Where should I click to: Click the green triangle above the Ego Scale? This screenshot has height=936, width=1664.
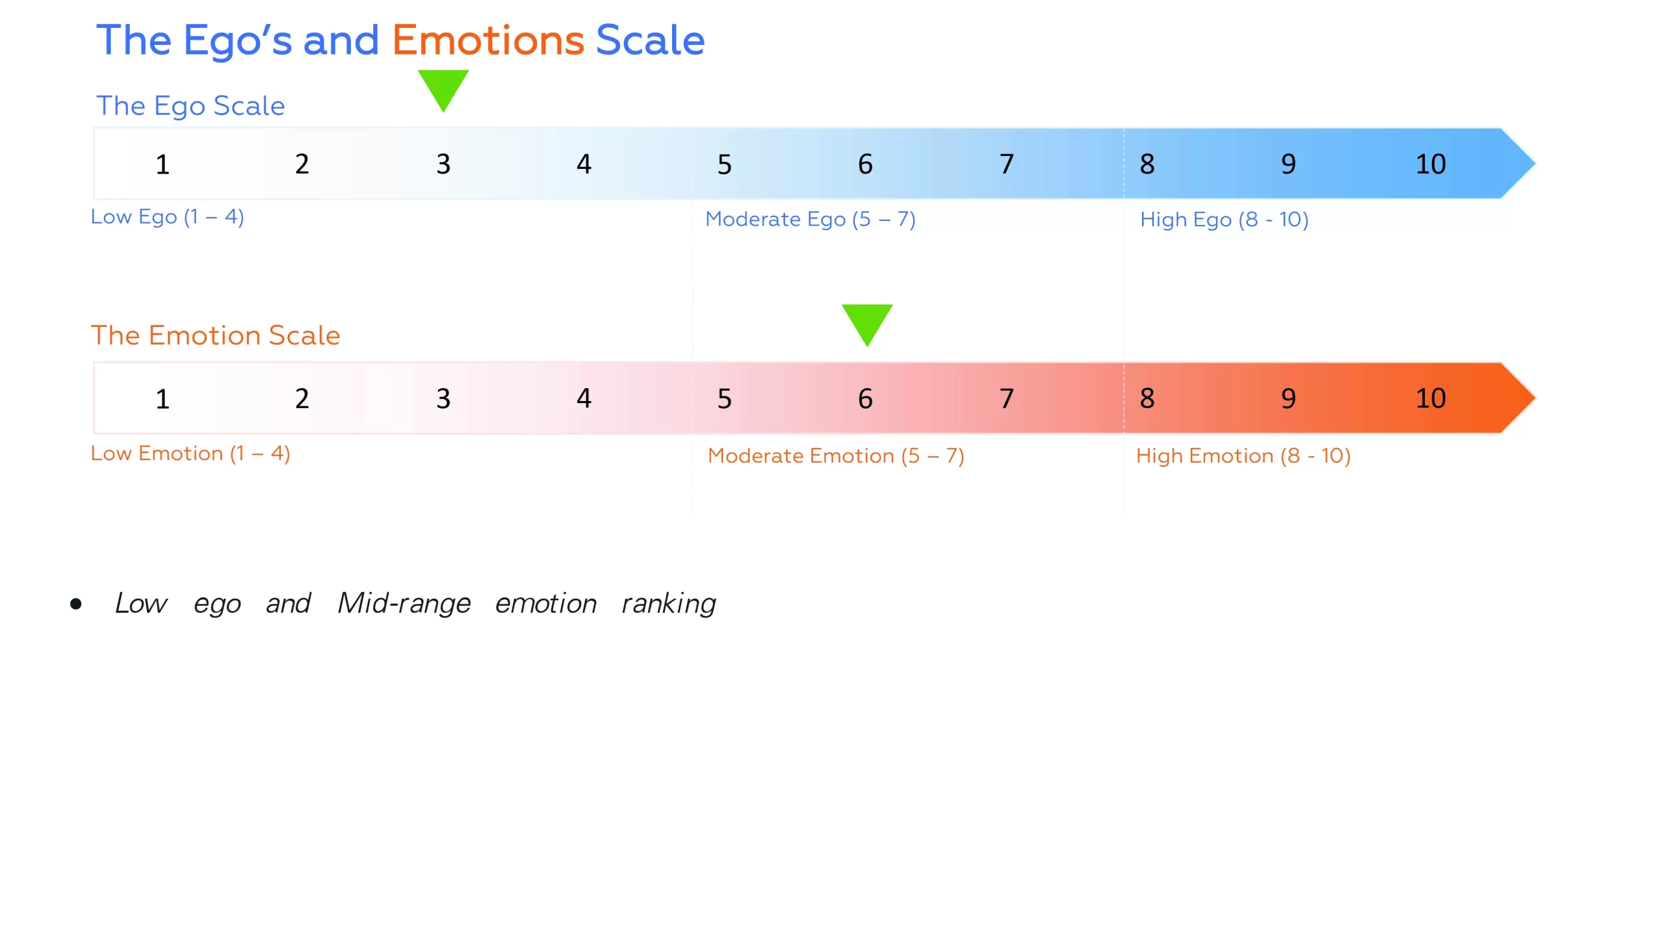point(443,88)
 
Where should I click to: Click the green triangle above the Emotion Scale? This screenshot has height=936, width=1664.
point(866,322)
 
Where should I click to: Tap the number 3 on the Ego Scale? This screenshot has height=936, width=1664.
point(443,164)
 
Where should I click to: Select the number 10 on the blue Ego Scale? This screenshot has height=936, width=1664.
point(1431,164)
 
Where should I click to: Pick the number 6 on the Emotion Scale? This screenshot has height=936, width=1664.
point(865,398)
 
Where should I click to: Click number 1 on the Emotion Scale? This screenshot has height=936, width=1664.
point(162,398)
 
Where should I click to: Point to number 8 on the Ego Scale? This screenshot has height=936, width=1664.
point(1147,164)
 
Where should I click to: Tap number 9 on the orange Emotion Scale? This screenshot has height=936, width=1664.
point(1288,398)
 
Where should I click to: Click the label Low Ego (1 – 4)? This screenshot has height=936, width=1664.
point(167,217)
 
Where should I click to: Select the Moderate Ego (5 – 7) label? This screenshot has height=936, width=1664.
point(810,220)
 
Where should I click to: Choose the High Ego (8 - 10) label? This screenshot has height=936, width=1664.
point(1224,220)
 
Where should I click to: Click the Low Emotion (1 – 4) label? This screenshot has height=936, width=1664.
point(190,454)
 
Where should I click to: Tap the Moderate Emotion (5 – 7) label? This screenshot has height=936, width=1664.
point(835,456)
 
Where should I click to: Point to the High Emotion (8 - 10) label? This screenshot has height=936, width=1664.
point(1243,456)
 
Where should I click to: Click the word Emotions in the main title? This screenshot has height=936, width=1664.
point(487,40)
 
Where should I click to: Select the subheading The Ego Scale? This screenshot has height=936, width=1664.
point(190,106)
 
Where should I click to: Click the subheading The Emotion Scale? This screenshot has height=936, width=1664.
point(215,335)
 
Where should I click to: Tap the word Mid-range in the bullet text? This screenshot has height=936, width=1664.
point(404,603)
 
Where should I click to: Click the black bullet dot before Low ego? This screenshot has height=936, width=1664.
point(76,604)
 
